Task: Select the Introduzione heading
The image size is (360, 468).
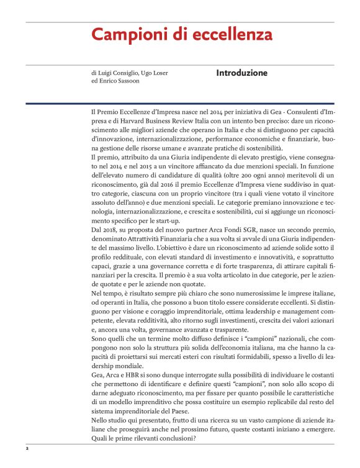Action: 241,73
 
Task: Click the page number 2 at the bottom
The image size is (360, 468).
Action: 27,447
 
